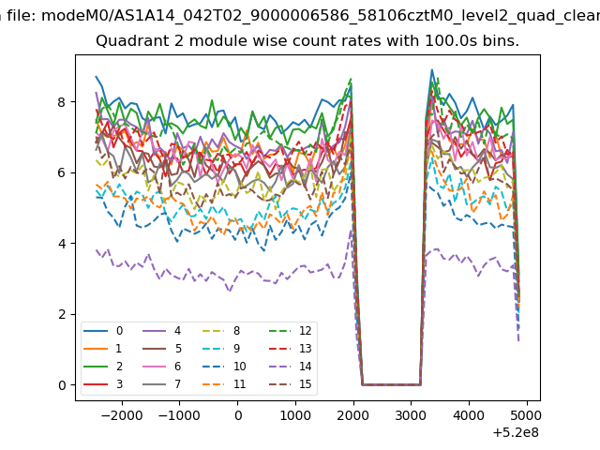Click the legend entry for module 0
[103, 331]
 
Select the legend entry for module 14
[291, 367]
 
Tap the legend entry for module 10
[225, 367]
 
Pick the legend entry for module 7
[162, 383]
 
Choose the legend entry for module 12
[291, 331]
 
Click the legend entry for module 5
[162, 349]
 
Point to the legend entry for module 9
[222, 349]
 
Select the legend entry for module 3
[103, 383]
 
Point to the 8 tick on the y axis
[62, 102]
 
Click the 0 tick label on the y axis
[62, 385]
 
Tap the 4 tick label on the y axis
[62, 244]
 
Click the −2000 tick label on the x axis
[122, 415]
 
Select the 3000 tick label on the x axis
[411, 415]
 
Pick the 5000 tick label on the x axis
[527, 415]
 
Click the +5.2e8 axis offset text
[516, 433]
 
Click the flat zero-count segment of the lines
[391, 384]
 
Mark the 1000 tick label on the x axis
[295, 415]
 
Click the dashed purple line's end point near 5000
[518, 340]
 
